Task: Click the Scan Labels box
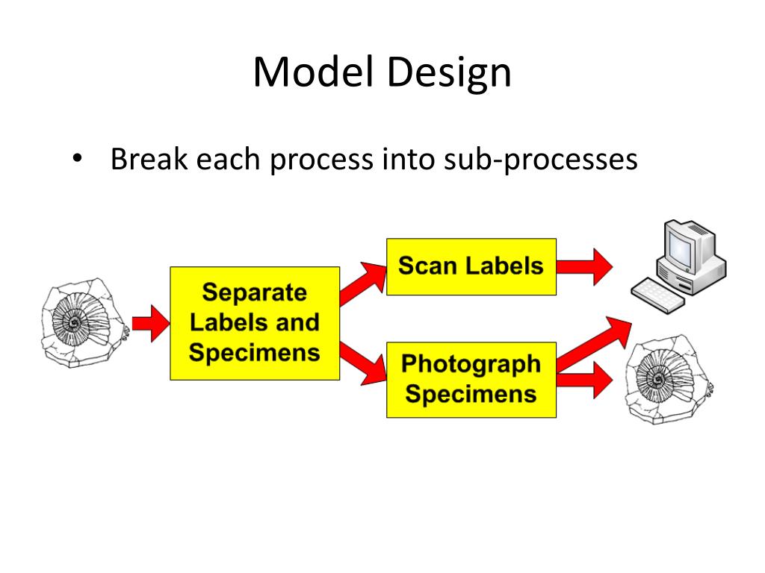[471, 266]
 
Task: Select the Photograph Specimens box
[471, 379]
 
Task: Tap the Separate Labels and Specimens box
[254, 323]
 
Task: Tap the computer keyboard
[657, 294]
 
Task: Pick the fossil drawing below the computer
[667, 380]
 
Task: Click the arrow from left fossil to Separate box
[151, 323]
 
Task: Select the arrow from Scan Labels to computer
[584, 266]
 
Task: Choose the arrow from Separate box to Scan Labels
[364, 284]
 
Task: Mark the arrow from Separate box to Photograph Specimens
[364, 364]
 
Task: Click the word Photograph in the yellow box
[471, 365]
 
